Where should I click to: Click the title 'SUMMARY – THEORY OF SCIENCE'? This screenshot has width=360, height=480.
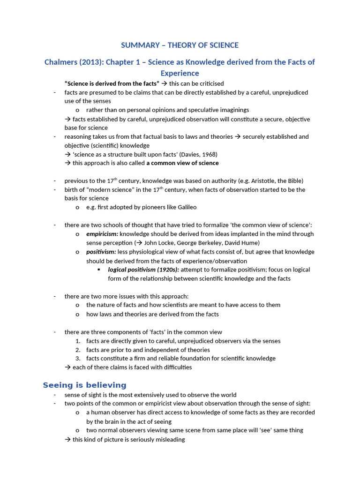click(x=180, y=45)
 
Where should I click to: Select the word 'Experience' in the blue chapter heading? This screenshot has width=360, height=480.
click(x=180, y=73)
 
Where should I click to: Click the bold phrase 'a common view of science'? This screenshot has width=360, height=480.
click(x=182, y=163)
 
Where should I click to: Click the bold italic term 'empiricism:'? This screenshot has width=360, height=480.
click(x=102, y=234)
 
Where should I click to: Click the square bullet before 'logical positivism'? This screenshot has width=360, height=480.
click(x=99, y=270)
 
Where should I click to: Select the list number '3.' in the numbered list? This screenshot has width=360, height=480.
click(x=78, y=359)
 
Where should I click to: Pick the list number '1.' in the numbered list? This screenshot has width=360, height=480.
click(x=78, y=341)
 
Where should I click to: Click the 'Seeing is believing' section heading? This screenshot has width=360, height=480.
click(x=84, y=385)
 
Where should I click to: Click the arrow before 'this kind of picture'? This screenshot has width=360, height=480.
click(x=67, y=440)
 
